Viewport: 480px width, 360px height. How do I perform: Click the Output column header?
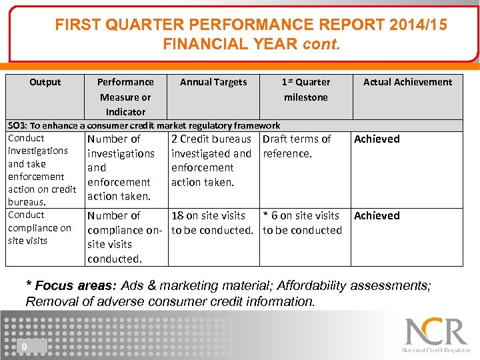45,82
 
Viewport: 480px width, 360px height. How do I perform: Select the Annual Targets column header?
213,82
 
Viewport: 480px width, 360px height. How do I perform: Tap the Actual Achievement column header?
407,82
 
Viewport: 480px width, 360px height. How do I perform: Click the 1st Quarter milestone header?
305,89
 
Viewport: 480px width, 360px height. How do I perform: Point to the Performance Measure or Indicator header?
125,97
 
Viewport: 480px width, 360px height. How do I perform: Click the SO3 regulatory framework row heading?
143,125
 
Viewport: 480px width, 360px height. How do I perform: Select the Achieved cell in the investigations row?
377,139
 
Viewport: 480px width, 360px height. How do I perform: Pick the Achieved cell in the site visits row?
377,216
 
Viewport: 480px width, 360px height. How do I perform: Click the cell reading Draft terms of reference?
297,146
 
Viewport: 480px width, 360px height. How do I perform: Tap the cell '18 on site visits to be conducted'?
212,223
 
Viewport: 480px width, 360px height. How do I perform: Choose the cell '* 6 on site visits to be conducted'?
302,223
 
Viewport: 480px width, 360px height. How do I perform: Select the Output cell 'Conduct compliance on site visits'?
39,228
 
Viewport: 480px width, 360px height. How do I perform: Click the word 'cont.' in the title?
321,45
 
